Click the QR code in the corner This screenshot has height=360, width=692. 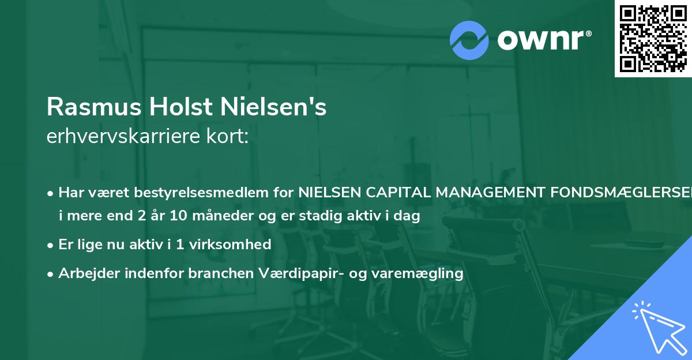point(653,38)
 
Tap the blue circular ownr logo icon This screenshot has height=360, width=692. point(469,40)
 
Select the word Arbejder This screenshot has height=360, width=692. point(86,273)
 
